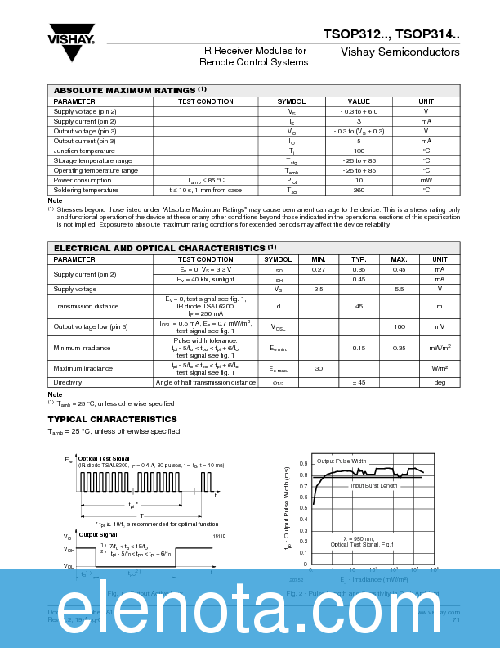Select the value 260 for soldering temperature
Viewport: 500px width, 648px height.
(359, 190)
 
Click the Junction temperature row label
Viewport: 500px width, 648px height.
(84, 151)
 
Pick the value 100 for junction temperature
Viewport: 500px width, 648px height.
(359, 151)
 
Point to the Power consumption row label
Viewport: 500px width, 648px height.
(82, 180)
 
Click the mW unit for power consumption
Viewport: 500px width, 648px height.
(426, 180)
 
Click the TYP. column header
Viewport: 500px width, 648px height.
(359, 259)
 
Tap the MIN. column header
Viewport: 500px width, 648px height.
(319, 259)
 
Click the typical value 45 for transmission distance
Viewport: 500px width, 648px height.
(359, 307)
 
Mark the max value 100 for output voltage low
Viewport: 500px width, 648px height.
(400, 326)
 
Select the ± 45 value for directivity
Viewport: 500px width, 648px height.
(359, 382)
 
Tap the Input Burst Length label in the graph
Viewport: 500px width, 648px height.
(374, 486)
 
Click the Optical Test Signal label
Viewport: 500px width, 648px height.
(104, 458)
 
